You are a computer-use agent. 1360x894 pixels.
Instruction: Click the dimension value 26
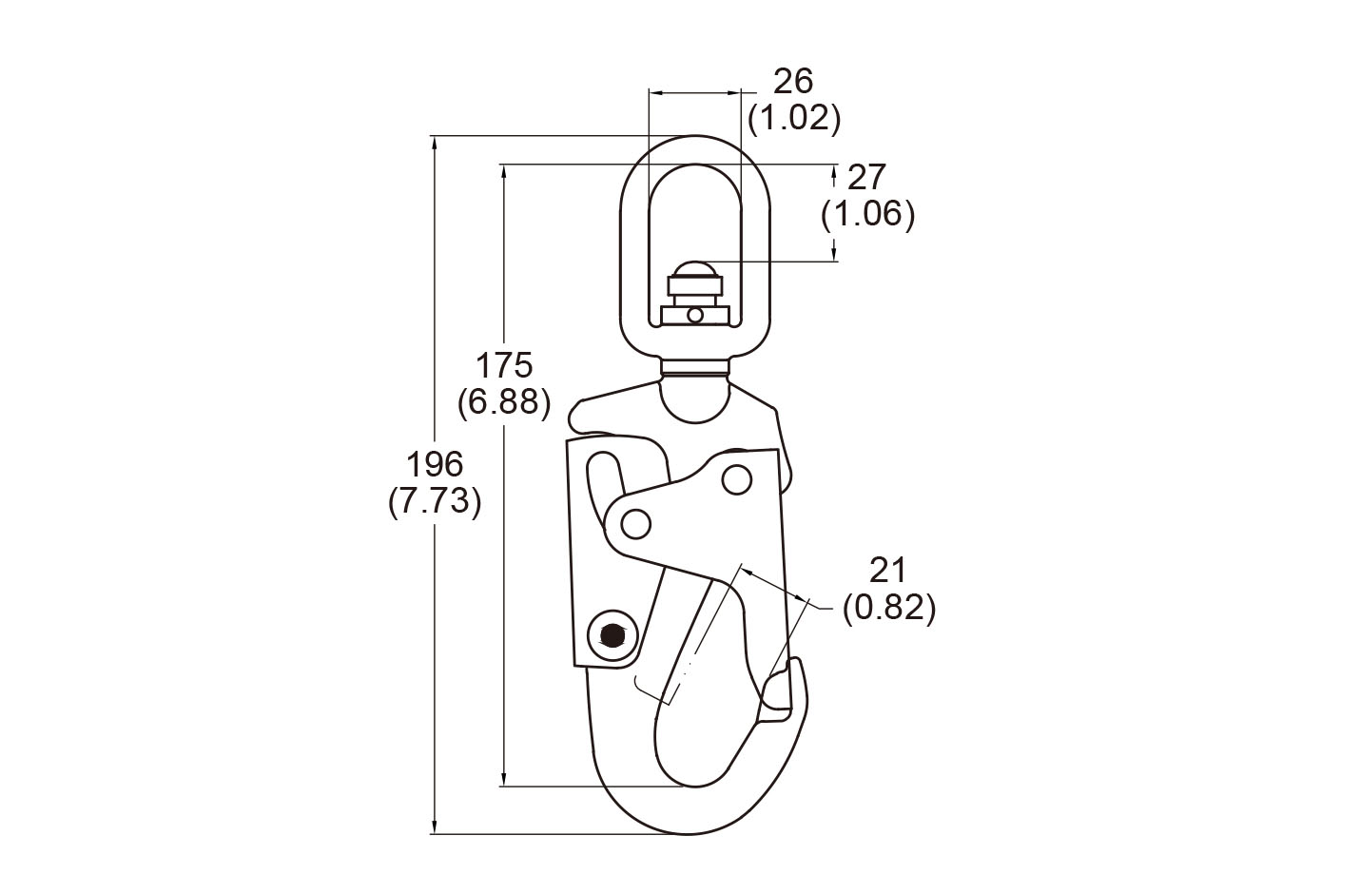tap(793, 81)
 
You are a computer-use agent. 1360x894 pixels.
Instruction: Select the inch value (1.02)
tap(794, 118)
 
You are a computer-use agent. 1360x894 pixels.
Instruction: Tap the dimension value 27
tap(866, 177)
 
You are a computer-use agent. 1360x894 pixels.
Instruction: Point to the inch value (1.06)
tap(867, 214)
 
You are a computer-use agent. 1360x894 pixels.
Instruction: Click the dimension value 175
tap(504, 364)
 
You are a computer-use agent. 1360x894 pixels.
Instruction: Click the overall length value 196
tap(435, 464)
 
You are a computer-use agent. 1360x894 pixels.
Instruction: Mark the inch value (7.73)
tap(435, 501)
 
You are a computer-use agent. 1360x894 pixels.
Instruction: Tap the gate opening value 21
tap(888, 570)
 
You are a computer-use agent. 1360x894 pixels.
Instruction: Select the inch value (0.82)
tap(889, 607)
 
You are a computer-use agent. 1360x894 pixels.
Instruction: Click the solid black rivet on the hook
tap(612, 634)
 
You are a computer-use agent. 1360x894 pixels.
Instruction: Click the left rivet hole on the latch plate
tap(635, 522)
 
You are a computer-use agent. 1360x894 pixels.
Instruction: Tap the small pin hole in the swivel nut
tap(695, 315)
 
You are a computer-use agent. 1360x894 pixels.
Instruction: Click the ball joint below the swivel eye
tap(695, 394)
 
